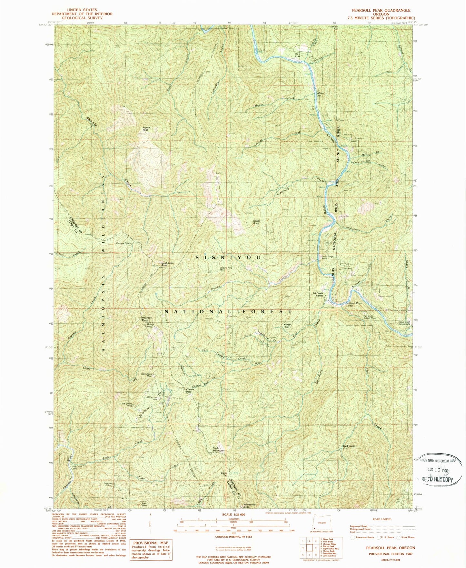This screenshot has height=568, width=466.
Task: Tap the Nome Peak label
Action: point(146,129)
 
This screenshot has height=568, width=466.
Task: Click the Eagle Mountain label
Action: point(218,449)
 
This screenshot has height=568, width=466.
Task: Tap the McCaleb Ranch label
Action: point(318,294)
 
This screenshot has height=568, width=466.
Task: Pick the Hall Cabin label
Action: point(349,446)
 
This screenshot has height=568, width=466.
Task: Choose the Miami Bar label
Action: point(321,94)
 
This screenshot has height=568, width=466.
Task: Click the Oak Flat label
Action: point(297,55)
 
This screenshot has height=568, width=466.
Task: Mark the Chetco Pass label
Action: point(190,390)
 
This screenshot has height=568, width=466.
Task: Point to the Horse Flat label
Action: point(287,326)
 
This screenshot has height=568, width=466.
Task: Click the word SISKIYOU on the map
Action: point(228,258)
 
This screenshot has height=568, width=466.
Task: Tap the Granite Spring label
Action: point(124,243)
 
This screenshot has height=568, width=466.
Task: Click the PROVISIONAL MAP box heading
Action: point(151,543)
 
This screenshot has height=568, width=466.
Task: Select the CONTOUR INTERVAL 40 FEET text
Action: point(234,536)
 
